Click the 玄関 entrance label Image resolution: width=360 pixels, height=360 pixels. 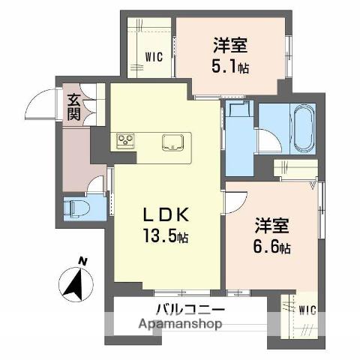(73, 106)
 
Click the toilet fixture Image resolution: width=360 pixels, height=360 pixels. (77, 207)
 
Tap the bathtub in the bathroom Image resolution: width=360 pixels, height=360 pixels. (303, 127)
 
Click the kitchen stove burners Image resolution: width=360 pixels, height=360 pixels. (124, 141)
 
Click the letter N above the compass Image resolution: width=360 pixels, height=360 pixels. (83, 261)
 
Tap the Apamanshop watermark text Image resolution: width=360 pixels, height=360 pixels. (179, 325)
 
